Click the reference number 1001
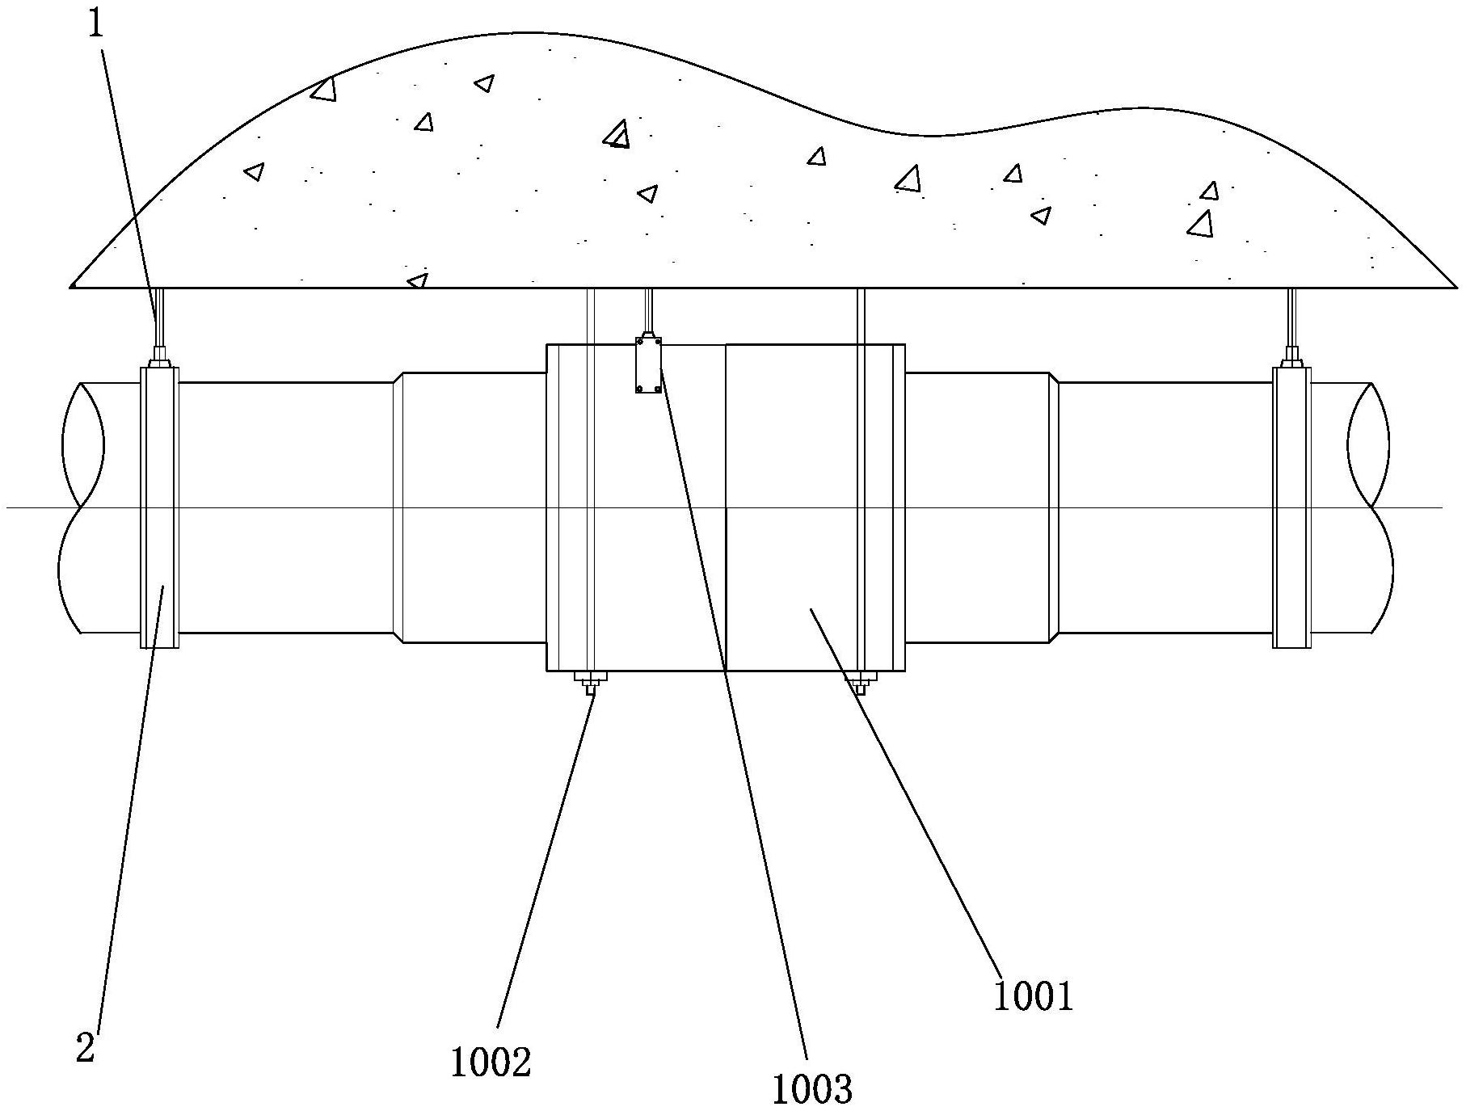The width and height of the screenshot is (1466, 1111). [x=1033, y=996]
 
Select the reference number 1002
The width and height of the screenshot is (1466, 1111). [x=491, y=1062]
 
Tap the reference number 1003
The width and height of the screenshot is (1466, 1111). [x=812, y=1089]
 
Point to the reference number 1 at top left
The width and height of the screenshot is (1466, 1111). [x=96, y=24]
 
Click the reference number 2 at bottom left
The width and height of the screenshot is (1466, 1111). [x=86, y=1049]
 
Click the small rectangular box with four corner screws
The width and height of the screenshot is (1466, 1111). [x=648, y=365]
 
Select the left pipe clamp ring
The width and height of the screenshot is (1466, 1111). [x=159, y=507]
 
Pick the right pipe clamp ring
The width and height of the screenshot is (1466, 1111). [x=1291, y=507]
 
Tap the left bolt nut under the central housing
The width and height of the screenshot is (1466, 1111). [x=590, y=681]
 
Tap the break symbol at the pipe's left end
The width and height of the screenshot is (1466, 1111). [x=81, y=507]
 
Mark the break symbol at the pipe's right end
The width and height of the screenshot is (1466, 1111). [x=1371, y=507]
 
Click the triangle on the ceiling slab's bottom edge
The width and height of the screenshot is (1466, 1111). [x=418, y=280]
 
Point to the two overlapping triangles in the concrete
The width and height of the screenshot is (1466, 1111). [x=617, y=134]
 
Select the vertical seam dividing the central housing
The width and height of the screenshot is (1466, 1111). [x=726, y=507]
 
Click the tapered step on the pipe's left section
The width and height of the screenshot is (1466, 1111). [x=398, y=507]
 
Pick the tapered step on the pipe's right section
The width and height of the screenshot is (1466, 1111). [x=1054, y=507]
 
